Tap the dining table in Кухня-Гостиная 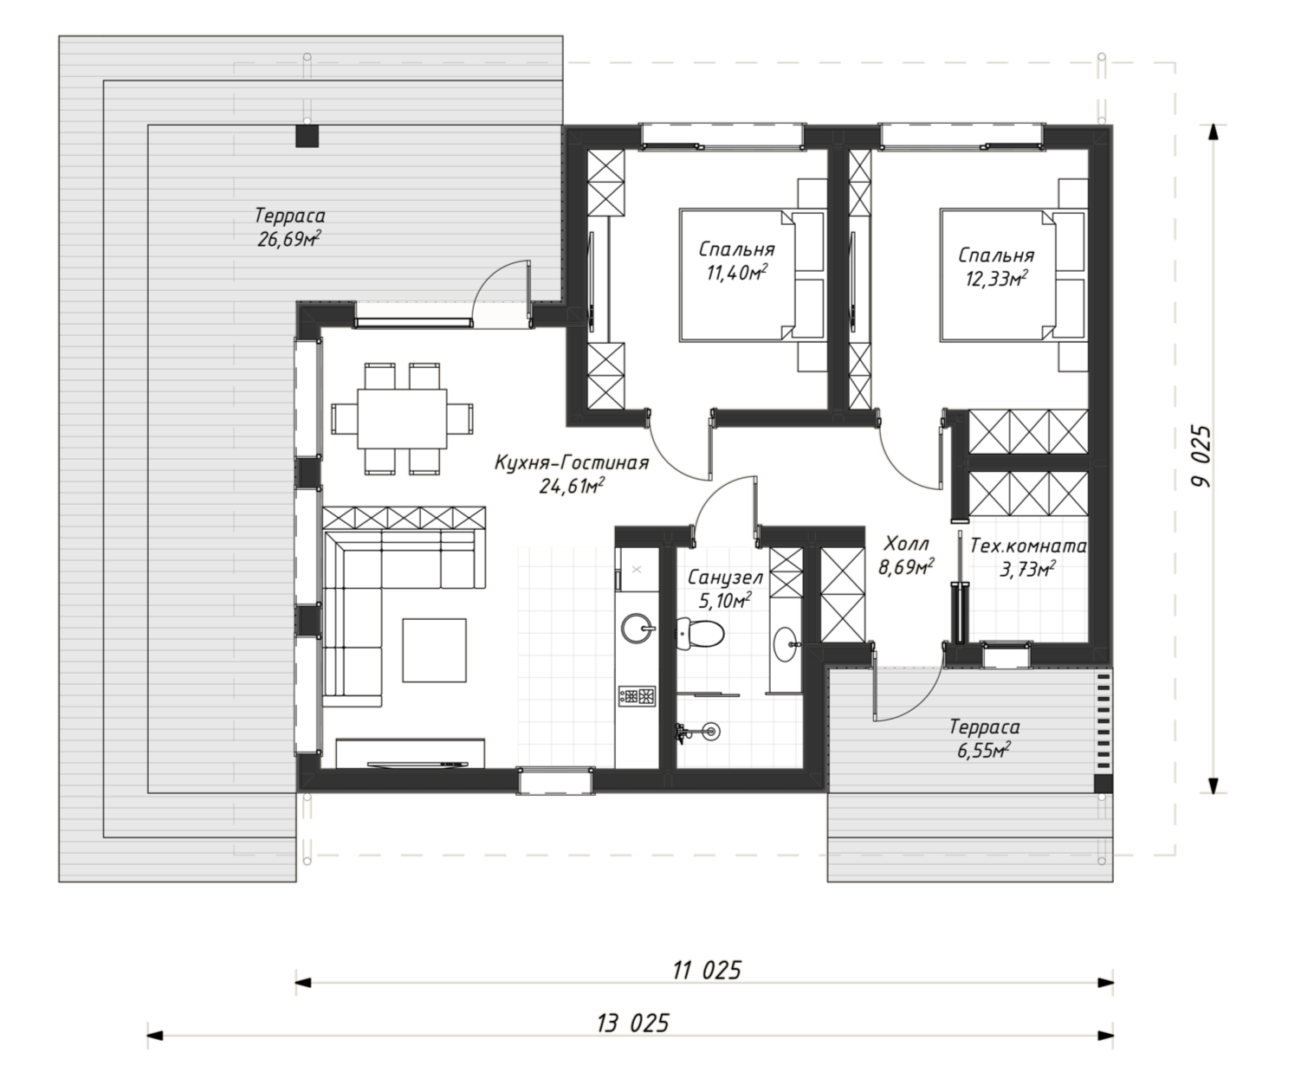(x=402, y=418)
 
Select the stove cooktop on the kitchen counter (x=638, y=695)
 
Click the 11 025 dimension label (x=707, y=971)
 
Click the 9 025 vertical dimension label (x=1200, y=456)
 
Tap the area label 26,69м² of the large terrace (x=289, y=239)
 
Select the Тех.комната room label (x=1028, y=546)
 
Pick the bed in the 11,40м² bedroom (x=753, y=275)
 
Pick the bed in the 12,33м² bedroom (x=1013, y=275)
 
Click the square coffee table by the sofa (x=434, y=650)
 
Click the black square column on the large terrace (x=307, y=136)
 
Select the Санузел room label (x=725, y=577)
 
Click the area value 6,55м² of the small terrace (x=984, y=750)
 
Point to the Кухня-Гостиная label (x=572, y=463)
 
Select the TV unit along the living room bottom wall (x=411, y=753)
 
